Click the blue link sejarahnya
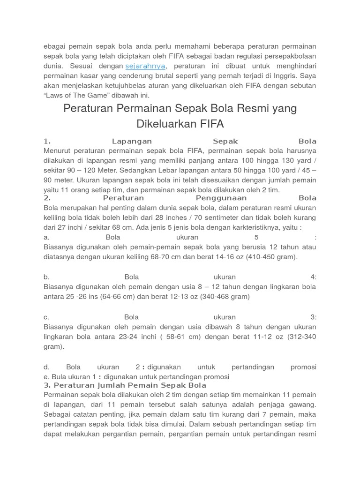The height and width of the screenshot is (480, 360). coord(145,66)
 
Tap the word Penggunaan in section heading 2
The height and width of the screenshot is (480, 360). coord(215,198)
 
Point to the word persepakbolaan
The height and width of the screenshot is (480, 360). coord(289,56)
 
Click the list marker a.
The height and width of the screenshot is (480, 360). coord(46,237)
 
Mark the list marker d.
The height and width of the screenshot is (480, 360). coord(46,367)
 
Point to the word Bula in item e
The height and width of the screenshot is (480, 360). coord(59,377)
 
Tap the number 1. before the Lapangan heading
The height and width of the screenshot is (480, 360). coord(47,141)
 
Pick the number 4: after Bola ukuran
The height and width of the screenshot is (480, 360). coord(313,277)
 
